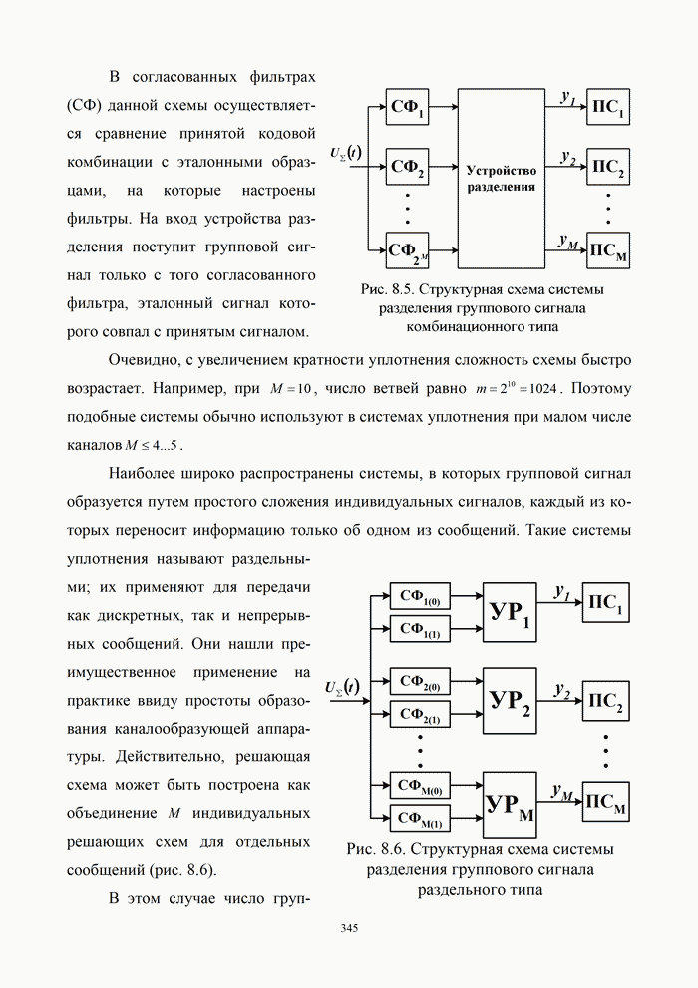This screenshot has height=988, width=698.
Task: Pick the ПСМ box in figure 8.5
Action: point(608,249)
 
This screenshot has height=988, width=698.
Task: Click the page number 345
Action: point(349,928)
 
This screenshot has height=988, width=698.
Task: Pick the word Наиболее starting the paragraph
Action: point(145,472)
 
